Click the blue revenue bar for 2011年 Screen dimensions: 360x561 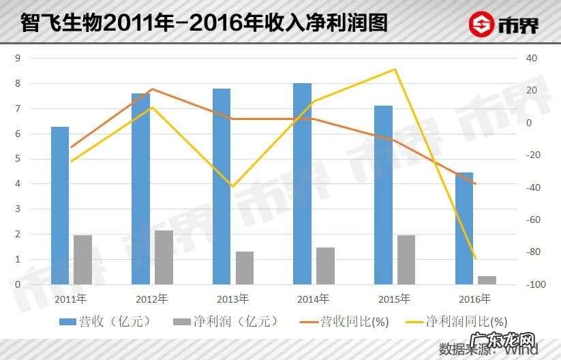(x=60, y=205)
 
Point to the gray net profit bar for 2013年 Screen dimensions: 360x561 (x=245, y=267)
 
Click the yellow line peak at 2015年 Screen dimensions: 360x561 (x=395, y=70)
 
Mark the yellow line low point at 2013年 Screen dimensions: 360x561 (x=232, y=187)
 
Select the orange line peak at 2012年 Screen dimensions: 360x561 (x=151, y=89)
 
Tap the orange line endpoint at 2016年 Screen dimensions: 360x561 (x=476, y=184)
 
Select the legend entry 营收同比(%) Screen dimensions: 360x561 (x=345, y=321)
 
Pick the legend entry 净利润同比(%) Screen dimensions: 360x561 (x=456, y=321)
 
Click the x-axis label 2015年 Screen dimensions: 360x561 (x=395, y=299)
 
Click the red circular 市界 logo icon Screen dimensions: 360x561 (x=481, y=25)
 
